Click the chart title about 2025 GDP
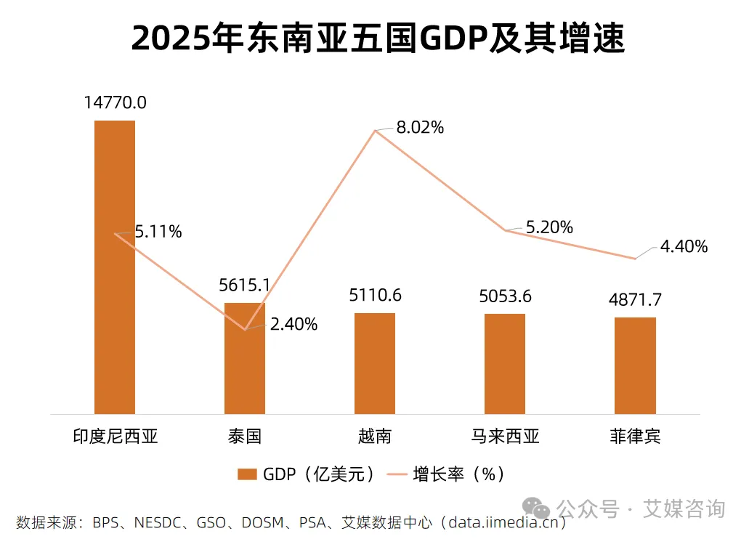point(378,38)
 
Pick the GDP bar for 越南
point(375,363)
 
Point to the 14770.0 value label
point(115,102)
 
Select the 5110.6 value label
point(375,295)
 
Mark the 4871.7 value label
point(635,299)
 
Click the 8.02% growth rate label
point(420,128)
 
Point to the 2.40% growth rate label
point(293,325)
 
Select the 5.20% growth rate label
point(549,227)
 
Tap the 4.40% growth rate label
point(684,247)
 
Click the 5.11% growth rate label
point(158,232)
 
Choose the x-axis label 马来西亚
point(505,436)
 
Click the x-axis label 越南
point(375,436)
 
